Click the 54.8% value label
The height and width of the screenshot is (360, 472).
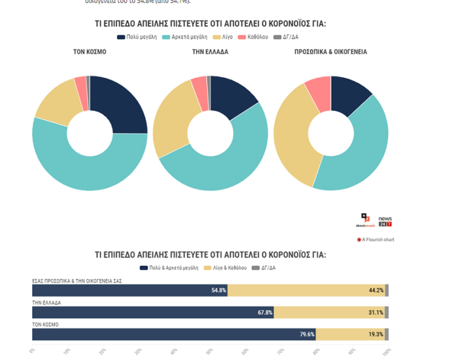coord(219,291)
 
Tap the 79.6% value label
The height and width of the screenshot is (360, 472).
coord(307,334)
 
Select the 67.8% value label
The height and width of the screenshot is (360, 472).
coord(265,312)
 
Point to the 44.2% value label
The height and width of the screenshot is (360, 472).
coord(376,291)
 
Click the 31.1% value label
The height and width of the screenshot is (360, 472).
coord(376,312)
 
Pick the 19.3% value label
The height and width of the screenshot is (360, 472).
coord(376,334)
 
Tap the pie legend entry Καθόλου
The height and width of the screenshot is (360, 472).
coord(253,37)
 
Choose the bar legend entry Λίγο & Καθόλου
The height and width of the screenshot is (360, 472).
coord(225,267)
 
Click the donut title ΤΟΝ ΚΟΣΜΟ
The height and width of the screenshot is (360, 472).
coord(90,52)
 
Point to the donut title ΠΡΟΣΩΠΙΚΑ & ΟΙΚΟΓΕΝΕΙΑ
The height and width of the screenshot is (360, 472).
coord(331,52)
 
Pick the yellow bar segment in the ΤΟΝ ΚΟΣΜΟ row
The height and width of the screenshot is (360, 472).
coord(350,334)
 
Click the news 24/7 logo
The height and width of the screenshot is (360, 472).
coord(385,221)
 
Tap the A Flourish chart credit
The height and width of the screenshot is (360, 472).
coord(376,240)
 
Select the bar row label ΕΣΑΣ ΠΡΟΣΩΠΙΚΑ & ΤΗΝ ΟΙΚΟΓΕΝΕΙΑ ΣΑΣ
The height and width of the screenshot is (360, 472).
coord(77,281)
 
